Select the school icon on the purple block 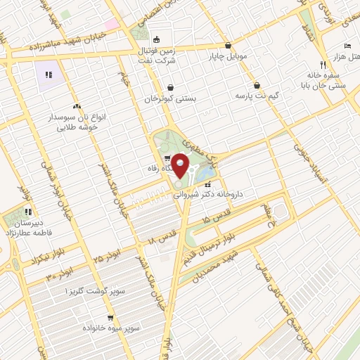(49, 75)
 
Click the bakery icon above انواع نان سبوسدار (75, 105)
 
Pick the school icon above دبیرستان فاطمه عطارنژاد (27, 211)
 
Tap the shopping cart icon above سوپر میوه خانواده (109, 317)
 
